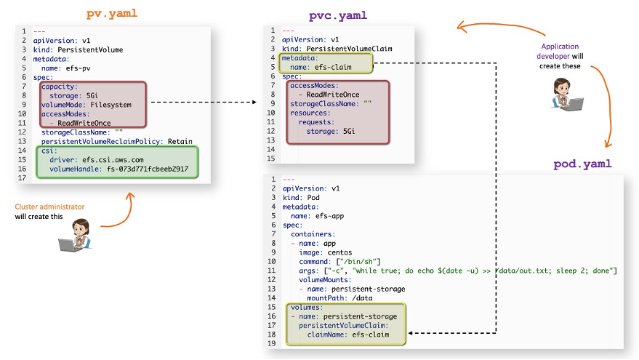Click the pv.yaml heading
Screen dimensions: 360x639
(111, 14)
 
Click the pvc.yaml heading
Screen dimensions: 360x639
(338, 15)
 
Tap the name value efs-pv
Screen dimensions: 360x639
(76, 68)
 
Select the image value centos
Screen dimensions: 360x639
(337, 252)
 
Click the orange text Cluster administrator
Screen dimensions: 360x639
(49, 207)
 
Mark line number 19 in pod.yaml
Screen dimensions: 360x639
(272, 343)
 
